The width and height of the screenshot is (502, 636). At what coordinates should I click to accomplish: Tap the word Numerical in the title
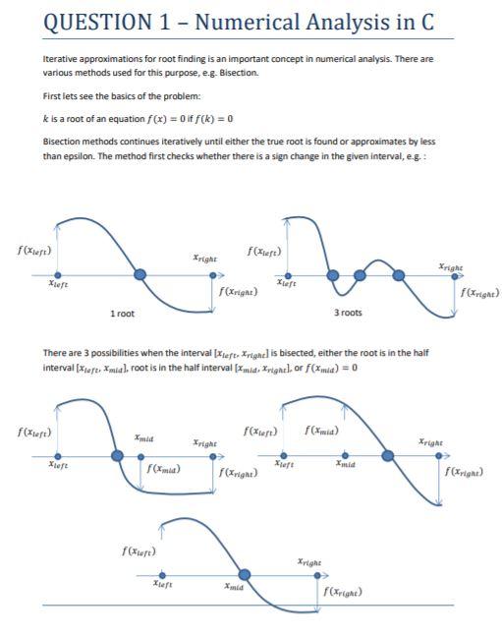260,22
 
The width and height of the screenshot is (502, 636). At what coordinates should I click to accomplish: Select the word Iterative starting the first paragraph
62,59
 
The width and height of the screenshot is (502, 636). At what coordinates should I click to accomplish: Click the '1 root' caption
124,313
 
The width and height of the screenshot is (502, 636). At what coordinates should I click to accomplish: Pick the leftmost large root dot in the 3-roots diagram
334,275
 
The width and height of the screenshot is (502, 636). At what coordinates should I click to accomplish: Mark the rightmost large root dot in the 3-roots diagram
399,275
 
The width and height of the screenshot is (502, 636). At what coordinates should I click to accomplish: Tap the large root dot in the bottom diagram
245,573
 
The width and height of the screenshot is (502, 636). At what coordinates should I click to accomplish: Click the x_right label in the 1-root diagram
204,258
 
